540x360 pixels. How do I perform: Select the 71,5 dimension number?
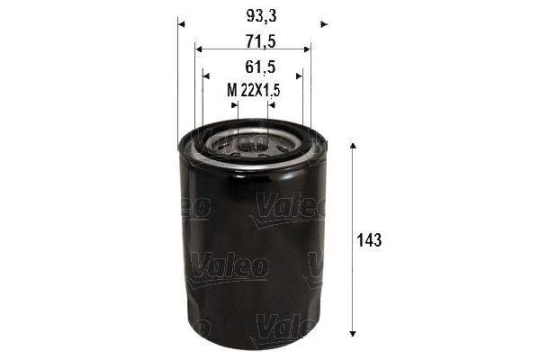click(252, 41)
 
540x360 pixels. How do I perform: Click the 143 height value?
click(369, 240)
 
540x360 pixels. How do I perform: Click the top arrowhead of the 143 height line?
click(353, 146)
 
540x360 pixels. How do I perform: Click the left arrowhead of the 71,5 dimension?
click(198, 49)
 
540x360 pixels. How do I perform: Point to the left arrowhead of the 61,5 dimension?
click(206, 76)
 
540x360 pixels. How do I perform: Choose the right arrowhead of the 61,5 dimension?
click(299, 76)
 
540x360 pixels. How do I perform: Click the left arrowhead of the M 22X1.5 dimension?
click(235, 105)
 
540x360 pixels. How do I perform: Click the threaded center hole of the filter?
click(253, 142)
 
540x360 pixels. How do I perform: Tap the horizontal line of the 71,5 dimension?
click(252, 49)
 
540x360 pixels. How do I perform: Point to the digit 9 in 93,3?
click(242, 16)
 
